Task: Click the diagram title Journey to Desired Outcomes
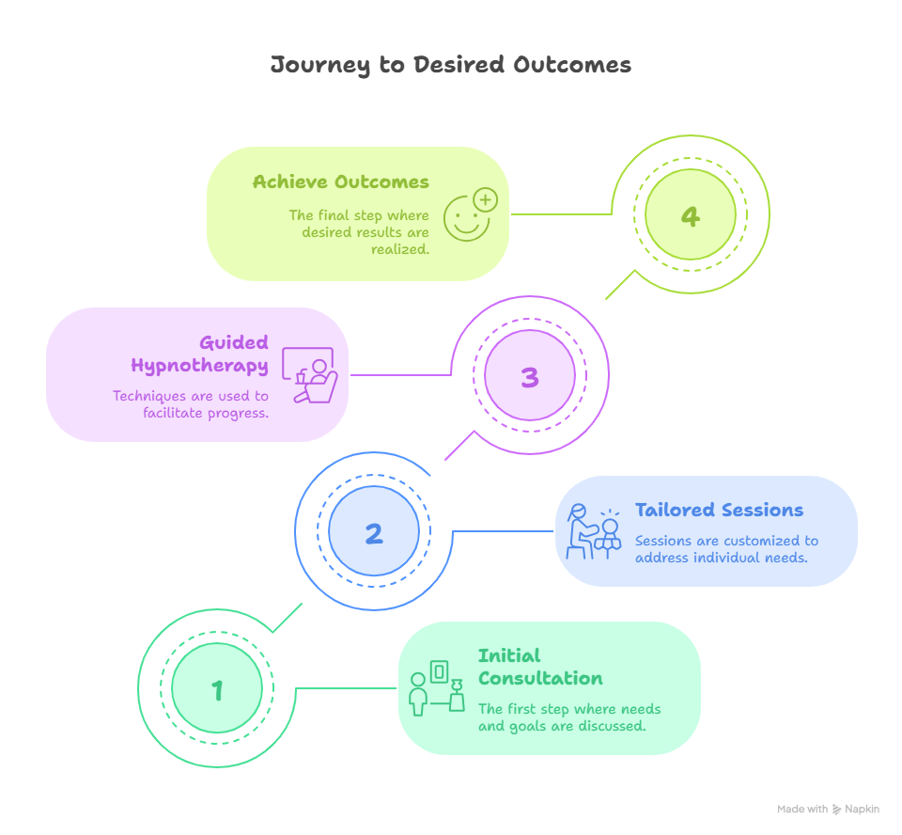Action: (450, 65)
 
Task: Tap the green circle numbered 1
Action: (217, 690)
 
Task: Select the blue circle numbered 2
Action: (373, 533)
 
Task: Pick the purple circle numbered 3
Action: (529, 377)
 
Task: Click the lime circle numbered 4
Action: (690, 216)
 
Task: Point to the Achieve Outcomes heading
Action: (340, 182)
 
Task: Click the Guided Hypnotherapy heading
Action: (200, 354)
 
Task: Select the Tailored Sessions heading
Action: (719, 511)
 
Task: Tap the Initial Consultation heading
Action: (540, 667)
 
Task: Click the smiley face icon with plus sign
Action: (470, 214)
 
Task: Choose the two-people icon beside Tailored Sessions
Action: (595, 532)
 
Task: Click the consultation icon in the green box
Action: (438, 687)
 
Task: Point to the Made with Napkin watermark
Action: (828, 810)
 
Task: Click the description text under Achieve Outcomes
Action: (359, 231)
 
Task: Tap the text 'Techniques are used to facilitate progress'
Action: (191, 403)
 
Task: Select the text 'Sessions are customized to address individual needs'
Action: (726, 549)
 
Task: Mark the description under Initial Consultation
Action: (569, 717)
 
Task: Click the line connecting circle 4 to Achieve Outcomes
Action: (561, 214)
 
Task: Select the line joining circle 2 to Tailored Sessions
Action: (503, 531)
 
